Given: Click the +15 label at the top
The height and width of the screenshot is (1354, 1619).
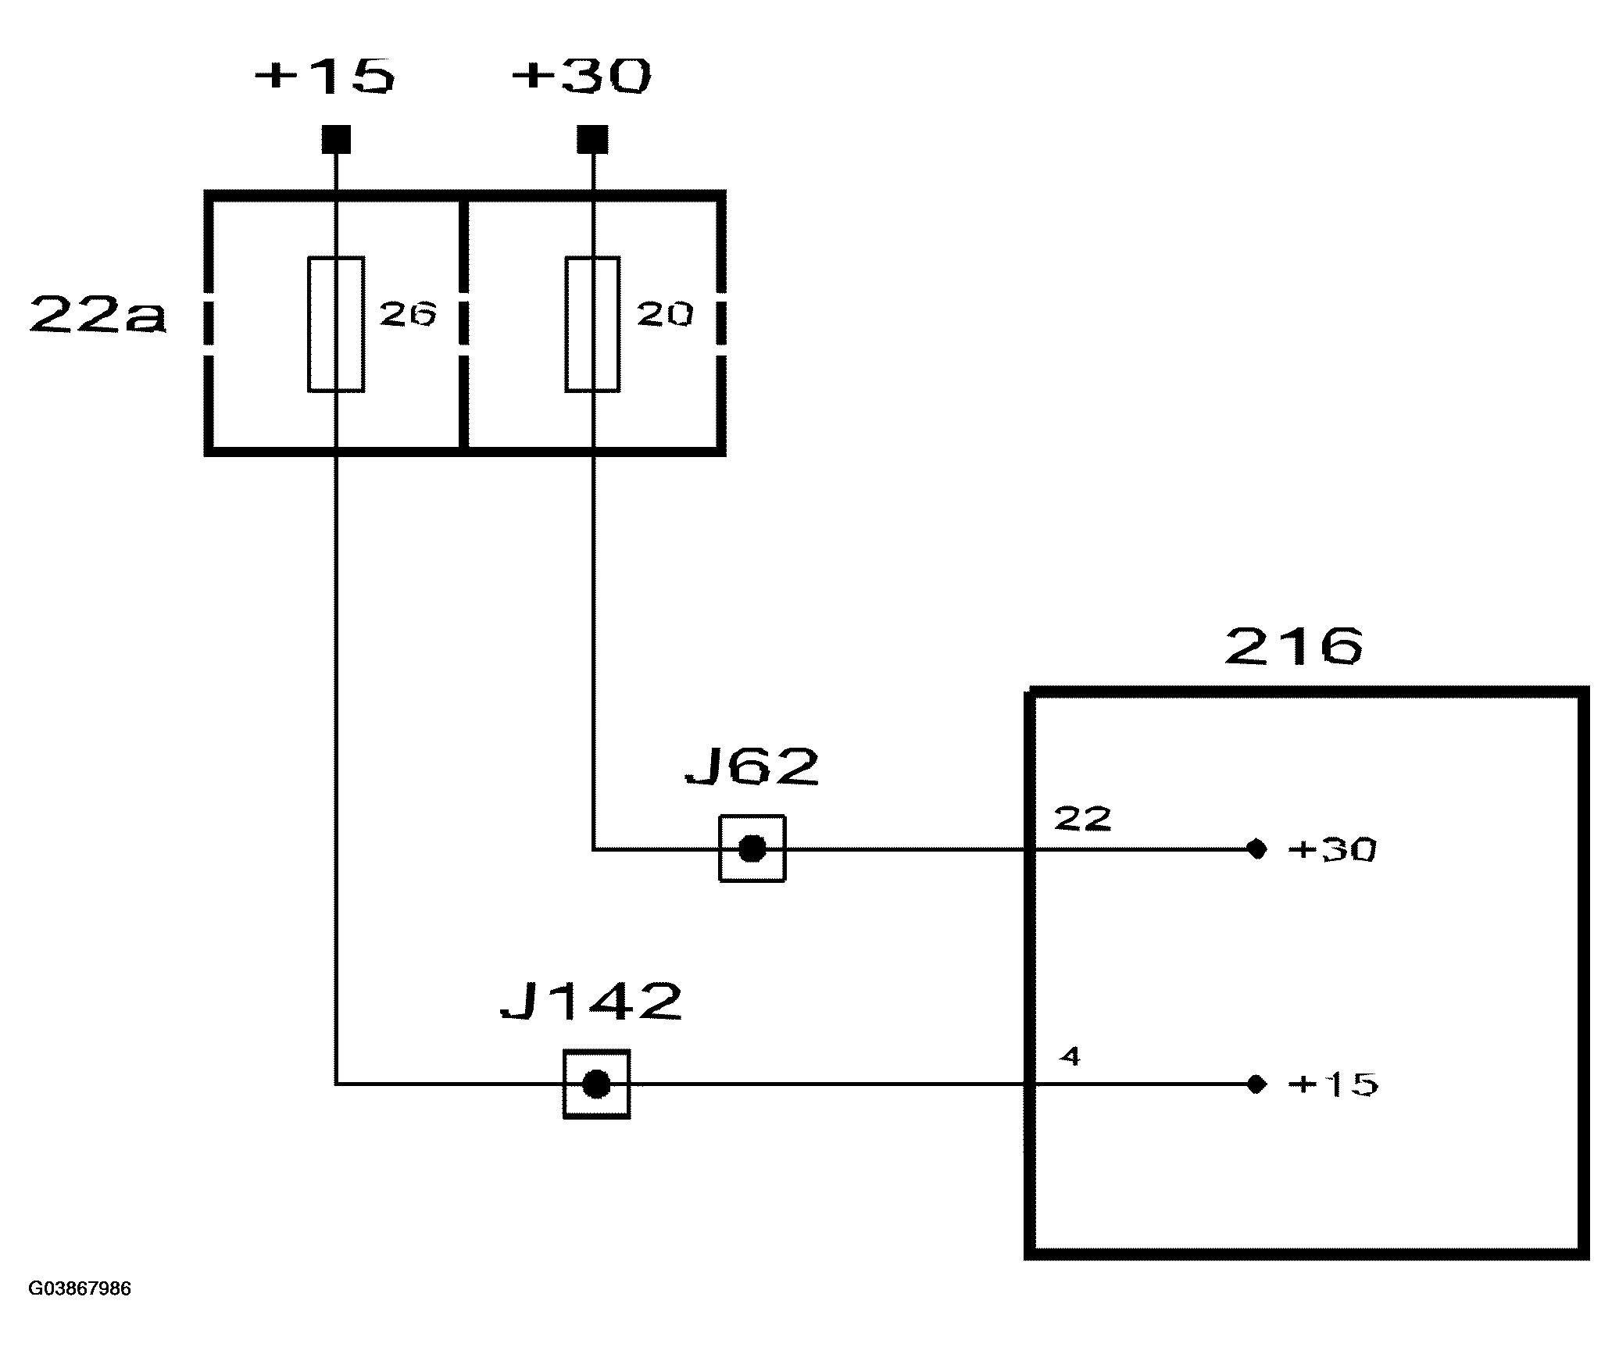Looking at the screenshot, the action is pyautogui.click(x=325, y=77).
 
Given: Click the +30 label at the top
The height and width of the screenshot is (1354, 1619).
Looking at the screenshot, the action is pyautogui.click(x=581, y=77).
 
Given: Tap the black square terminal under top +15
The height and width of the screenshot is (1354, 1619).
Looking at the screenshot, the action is pyautogui.click(x=336, y=140).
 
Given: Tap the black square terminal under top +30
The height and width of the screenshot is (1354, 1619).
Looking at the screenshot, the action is pyautogui.click(x=592, y=140).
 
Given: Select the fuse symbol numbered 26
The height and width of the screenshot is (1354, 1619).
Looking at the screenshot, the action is pyautogui.click(x=336, y=323).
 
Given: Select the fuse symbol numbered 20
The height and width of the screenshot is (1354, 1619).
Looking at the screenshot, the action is pyautogui.click(x=592, y=323).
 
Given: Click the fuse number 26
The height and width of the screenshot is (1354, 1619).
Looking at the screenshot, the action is pyautogui.click(x=407, y=314).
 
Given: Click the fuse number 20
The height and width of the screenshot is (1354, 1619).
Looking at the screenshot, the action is pyautogui.click(x=665, y=314).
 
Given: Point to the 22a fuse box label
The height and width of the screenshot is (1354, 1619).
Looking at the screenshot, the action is pyautogui.click(x=98, y=316).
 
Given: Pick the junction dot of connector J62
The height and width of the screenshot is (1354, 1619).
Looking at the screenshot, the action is pyautogui.click(x=752, y=848).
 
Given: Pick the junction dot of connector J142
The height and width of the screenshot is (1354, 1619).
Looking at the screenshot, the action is pyautogui.click(x=596, y=1084).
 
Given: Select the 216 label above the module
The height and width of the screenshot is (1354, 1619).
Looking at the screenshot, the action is pyautogui.click(x=1294, y=645).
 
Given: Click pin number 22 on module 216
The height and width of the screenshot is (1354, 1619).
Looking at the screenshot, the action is pyautogui.click(x=1082, y=819).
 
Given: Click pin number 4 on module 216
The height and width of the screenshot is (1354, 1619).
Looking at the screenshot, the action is pyautogui.click(x=1070, y=1056).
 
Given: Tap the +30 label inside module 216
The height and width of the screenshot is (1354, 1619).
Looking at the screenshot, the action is pyautogui.click(x=1332, y=849).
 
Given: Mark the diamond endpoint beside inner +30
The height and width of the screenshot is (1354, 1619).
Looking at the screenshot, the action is pyautogui.click(x=1256, y=848).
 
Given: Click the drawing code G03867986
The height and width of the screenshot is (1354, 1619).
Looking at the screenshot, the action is pyautogui.click(x=80, y=1288).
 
